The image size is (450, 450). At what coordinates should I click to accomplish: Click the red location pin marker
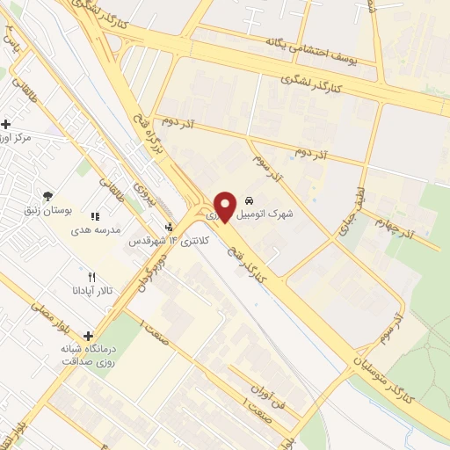coord(225,207)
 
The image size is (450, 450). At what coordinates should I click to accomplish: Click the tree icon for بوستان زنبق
coord(47,195)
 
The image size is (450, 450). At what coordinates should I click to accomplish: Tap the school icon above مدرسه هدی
coord(95,215)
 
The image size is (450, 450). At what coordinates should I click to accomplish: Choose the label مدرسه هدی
coord(91,229)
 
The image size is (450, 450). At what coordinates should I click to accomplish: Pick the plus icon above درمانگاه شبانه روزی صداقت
coord(88,335)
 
